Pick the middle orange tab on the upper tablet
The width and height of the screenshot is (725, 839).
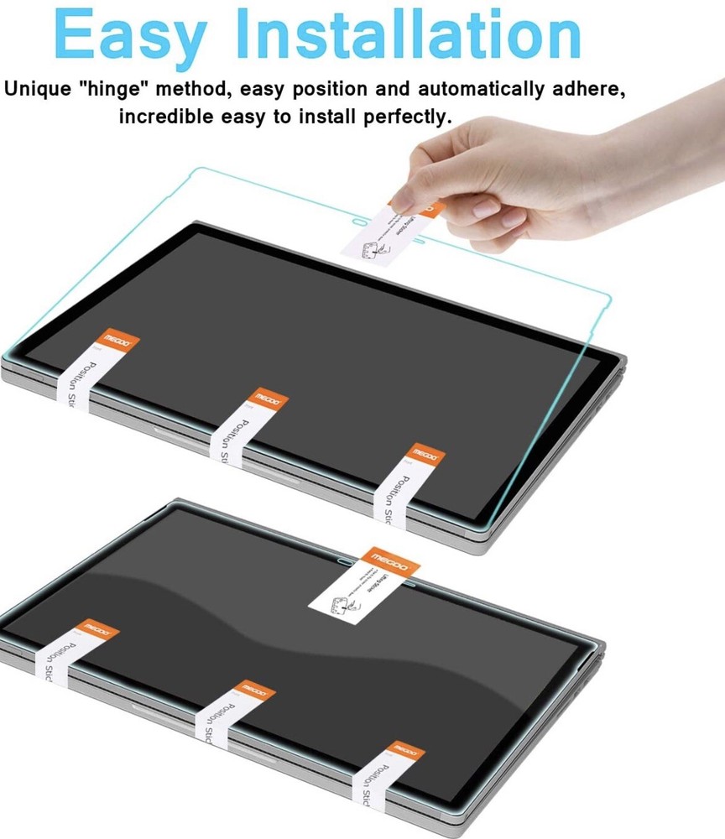tap(270, 399)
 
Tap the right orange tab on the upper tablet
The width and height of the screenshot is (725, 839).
tap(425, 456)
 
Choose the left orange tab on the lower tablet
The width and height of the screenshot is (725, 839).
tap(97, 630)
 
